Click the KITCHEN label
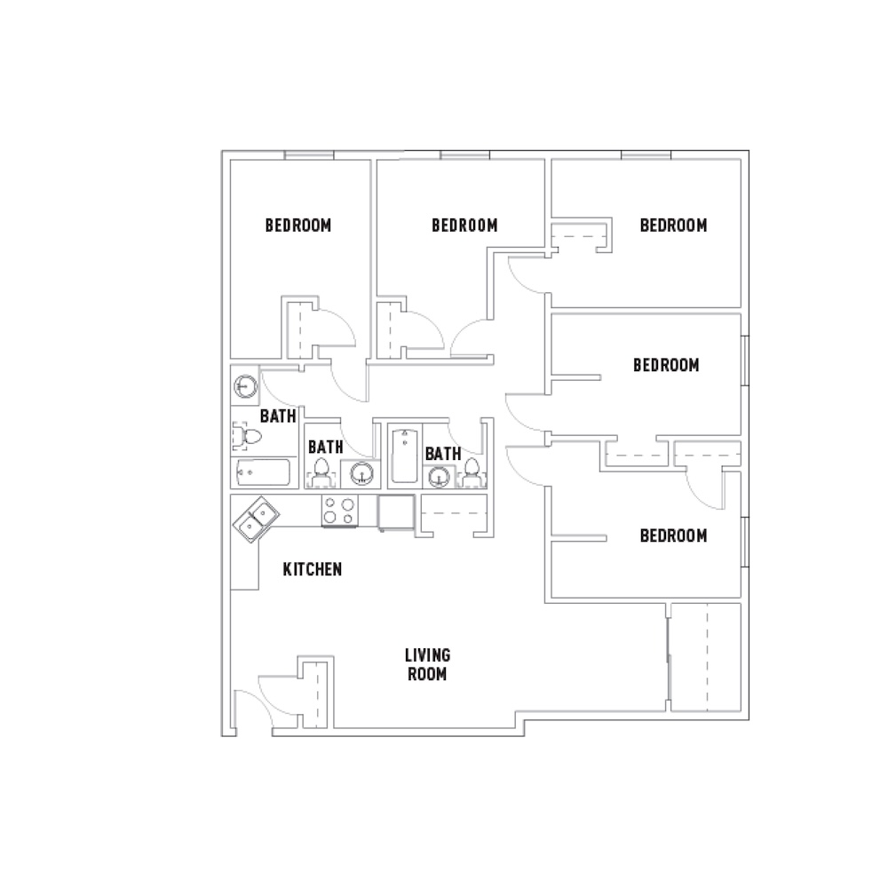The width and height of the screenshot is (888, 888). (312, 569)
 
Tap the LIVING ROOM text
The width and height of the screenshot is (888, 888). (427, 664)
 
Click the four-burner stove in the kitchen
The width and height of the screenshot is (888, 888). (339, 511)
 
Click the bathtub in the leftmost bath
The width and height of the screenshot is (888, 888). (263, 472)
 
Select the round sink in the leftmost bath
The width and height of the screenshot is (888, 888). (245, 387)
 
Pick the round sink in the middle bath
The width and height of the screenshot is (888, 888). (362, 473)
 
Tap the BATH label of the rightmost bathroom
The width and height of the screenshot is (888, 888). (443, 454)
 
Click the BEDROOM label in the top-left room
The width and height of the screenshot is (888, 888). (298, 225)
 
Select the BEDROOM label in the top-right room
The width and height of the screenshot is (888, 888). (673, 225)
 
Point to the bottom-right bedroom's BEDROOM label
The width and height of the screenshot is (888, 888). (673, 536)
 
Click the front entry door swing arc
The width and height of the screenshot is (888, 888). (251, 702)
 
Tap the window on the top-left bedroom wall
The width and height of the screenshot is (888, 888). (309, 156)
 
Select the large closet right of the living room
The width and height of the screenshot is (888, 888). (705, 656)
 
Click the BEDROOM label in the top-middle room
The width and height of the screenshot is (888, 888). (464, 225)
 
